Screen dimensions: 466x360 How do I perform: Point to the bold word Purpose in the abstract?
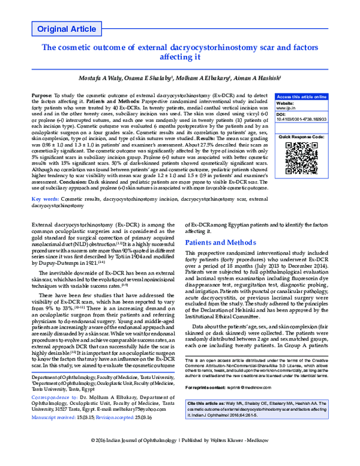41,96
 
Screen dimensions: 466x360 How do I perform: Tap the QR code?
301,157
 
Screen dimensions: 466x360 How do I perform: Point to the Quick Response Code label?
301,137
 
